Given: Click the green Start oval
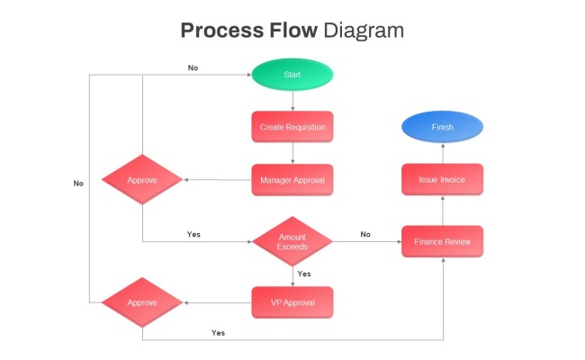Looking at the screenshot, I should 292,75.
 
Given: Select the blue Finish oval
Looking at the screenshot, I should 442,127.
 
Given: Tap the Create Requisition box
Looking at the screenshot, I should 292,127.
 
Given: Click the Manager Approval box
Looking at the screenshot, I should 292,180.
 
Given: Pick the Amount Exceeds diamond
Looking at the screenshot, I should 292,240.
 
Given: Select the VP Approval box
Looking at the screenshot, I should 292,302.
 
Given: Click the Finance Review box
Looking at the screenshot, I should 442,241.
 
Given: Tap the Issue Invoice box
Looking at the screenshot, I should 442,180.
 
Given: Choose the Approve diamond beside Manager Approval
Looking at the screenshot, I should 142,180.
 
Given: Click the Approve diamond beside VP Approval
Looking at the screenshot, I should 142,302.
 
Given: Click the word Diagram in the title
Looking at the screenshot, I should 364,30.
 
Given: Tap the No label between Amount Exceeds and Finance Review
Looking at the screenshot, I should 365,234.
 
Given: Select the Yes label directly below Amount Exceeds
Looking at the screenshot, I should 303,274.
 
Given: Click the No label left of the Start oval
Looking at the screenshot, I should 193,67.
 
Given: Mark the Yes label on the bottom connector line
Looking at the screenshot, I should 218,332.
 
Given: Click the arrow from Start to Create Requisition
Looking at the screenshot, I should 292,101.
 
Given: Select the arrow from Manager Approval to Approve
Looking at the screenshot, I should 216,180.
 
